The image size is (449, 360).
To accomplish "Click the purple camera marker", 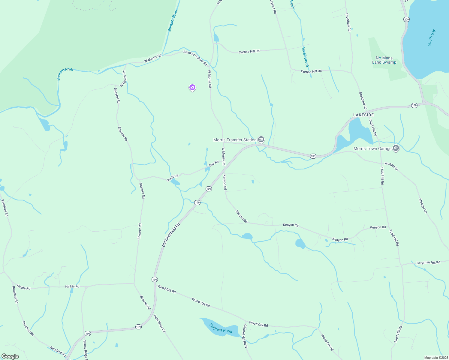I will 192,88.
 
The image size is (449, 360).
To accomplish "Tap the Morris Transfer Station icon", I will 261,139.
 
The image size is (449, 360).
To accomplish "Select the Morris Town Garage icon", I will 396,148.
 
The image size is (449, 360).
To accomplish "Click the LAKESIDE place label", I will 363,115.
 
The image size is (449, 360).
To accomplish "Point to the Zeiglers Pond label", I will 221,328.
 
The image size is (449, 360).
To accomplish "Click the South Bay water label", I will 431,37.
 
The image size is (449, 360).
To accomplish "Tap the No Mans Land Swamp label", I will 384,60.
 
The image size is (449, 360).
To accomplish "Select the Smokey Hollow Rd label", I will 195,58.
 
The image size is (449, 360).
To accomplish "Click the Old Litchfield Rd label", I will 171,235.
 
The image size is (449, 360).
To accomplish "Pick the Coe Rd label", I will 214,163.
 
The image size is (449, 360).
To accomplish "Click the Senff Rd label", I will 173,178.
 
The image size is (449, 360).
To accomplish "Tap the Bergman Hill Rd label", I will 428,262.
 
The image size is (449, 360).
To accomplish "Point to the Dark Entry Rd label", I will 159,323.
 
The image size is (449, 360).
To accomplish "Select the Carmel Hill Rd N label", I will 245,336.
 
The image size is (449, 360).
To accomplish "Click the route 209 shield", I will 406,19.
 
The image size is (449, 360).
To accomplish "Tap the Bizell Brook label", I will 305,57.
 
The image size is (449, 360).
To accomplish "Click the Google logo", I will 10,356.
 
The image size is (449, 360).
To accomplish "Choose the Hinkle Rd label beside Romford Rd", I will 23,287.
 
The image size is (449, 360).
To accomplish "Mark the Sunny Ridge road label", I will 85,349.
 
